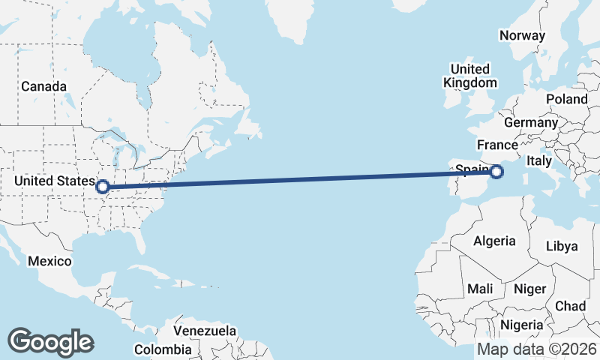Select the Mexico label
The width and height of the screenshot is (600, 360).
(x=49, y=261)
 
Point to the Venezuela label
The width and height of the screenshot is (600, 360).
(x=205, y=331)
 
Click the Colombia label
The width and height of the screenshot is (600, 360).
(x=163, y=349)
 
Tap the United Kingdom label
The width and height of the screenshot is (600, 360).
(x=470, y=76)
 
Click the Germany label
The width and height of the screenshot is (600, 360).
(x=531, y=122)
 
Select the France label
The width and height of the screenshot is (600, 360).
(x=497, y=145)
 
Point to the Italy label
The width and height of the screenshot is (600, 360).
(x=539, y=160)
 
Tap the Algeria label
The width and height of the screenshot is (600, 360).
(x=494, y=241)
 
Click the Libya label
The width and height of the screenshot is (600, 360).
(x=562, y=246)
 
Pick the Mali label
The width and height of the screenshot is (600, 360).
(x=480, y=289)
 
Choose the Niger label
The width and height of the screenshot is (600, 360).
(x=529, y=289)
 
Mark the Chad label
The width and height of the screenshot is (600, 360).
(x=571, y=306)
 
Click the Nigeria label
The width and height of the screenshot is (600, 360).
(x=521, y=325)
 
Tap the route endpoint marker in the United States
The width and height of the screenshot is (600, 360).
(x=103, y=187)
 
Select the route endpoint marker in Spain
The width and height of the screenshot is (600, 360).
(x=496, y=172)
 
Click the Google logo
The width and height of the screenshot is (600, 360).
(x=50, y=342)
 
